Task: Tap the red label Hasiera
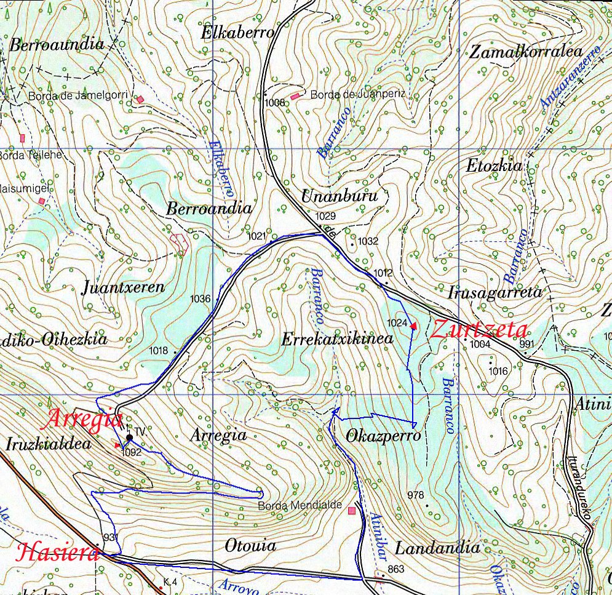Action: coord(59,552)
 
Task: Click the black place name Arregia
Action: coord(218,435)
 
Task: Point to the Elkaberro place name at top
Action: coord(237,33)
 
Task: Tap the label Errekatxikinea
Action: coord(337,338)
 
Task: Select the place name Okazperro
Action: coord(383,436)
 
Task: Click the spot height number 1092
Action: coord(132,452)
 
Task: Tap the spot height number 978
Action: coord(416,495)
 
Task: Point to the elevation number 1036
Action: coord(201,299)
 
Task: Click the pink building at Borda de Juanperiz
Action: coord(296,96)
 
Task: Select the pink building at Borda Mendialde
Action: coord(352,510)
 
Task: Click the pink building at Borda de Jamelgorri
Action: coord(141,98)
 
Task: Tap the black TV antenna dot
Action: coord(129,438)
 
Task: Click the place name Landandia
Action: coord(437,548)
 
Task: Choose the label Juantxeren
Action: coord(123,287)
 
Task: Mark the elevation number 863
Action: coord(396,569)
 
